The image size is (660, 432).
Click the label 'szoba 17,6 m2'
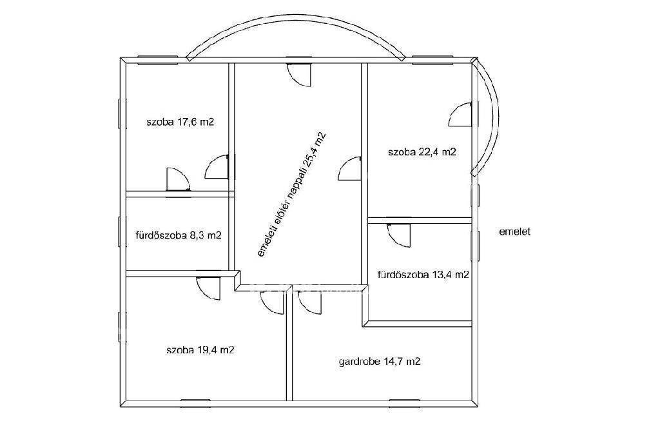180,123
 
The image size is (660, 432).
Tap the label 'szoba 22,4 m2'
422,152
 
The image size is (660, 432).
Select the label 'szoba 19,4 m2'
200,350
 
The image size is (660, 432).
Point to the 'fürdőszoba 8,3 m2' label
179,235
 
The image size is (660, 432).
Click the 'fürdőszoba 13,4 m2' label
423,275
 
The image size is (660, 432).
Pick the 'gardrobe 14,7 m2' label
380,362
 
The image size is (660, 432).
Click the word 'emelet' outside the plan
515,231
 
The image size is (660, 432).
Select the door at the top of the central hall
299,75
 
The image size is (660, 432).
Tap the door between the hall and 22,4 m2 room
350,168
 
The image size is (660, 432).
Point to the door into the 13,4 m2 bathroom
398,235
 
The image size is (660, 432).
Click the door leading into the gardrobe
309,302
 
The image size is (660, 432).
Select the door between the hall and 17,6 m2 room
217,167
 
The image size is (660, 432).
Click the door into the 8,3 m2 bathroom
178,179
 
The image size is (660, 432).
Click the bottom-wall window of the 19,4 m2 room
195,400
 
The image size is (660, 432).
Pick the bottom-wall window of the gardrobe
405,400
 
